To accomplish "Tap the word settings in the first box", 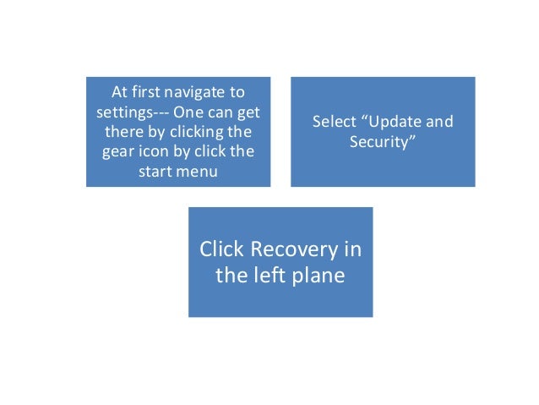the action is click(122, 112).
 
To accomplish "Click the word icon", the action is click(156, 153).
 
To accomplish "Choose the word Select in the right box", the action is click(335, 122).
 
